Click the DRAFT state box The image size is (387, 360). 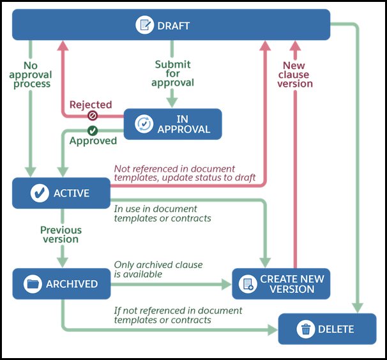171,25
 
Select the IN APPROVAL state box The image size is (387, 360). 172,124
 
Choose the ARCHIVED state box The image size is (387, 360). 61,284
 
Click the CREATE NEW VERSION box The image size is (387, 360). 281,284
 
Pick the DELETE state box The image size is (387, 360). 327,329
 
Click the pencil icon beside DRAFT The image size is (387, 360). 145,26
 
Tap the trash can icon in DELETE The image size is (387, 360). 307,329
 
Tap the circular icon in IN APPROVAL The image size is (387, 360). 145,124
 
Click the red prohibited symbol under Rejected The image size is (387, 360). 92,116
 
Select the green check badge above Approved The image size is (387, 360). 92,130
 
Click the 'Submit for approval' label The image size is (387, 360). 172,73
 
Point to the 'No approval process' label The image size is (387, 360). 29,75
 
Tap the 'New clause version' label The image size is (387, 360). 294,75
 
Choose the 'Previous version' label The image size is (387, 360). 61,234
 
